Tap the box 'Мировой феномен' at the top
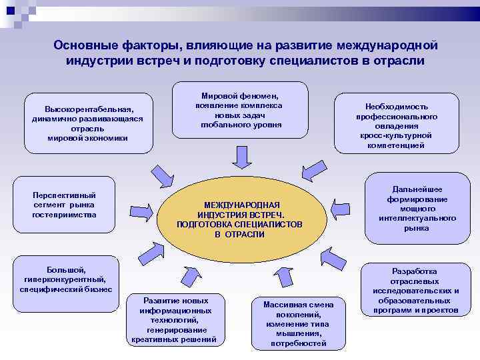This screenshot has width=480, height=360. coord(241,110)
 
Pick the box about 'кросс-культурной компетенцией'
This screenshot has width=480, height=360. coord(396,125)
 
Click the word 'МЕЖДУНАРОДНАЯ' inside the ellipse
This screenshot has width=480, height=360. coord(241,205)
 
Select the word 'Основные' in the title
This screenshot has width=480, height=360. coord(79,45)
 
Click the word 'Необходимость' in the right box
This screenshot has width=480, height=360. coord(396,106)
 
